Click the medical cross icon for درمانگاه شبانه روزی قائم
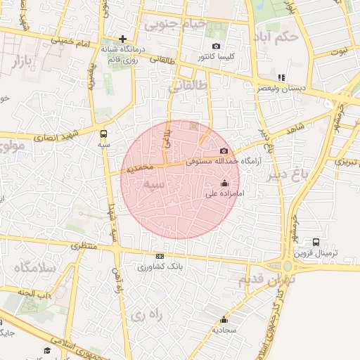coord(123,39)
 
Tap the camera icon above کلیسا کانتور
coord(216,46)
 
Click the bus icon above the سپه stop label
coord(105,133)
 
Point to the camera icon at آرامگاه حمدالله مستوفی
coord(224,151)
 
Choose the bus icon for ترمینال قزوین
coord(316,242)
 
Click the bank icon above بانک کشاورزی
coord(160,257)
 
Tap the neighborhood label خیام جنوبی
coord(176,24)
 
